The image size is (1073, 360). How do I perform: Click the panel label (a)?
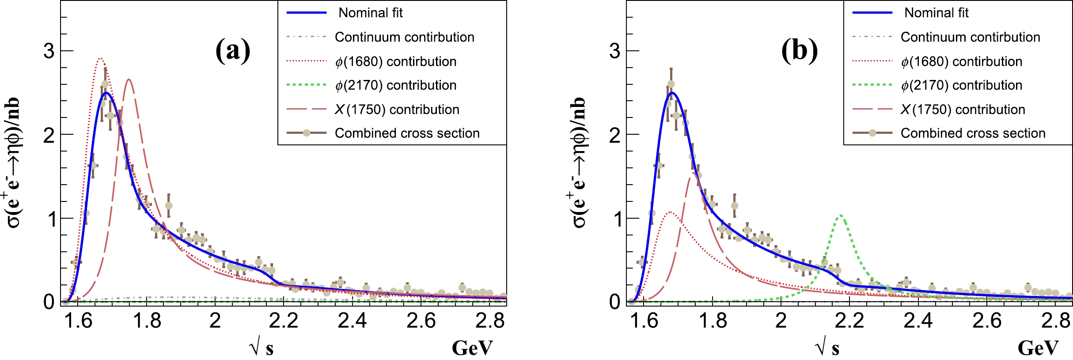click(x=233, y=50)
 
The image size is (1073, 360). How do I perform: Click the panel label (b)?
click(x=799, y=50)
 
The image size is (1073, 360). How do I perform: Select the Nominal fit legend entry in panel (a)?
click(x=370, y=13)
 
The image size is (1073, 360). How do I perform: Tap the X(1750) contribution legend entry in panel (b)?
click(x=963, y=110)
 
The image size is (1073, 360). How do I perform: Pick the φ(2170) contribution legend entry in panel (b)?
click(x=961, y=85)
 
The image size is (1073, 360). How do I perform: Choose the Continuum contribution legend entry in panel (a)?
click(x=404, y=37)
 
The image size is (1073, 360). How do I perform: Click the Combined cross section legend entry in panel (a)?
click(x=407, y=133)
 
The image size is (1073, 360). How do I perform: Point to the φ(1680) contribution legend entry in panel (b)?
click(x=961, y=61)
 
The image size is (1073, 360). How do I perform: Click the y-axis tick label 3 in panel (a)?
click(x=49, y=51)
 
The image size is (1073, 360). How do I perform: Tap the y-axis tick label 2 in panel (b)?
click(x=615, y=135)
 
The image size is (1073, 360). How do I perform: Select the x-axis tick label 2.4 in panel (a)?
click(x=352, y=321)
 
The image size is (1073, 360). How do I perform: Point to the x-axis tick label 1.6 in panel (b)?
click(x=644, y=321)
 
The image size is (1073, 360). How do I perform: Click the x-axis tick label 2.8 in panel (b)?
click(x=1056, y=321)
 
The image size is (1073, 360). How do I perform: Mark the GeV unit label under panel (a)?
click(x=472, y=348)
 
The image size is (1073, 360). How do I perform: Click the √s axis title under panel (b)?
click(x=827, y=348)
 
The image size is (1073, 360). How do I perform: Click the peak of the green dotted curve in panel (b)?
click(x=840, y=215)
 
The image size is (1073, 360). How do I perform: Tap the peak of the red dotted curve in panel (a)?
click(x=100, y=58)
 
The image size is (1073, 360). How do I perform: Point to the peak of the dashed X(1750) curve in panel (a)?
click(x=129, y=80)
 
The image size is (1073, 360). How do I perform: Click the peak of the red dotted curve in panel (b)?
click(x=671, y=212)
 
